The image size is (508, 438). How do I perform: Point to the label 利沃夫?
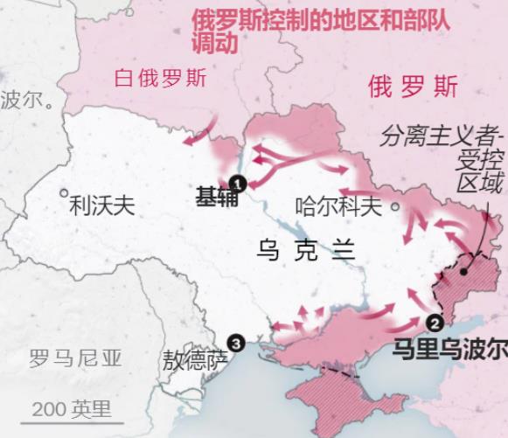[x=102, y=205]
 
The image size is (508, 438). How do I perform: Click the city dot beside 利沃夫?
[x=63, y=193]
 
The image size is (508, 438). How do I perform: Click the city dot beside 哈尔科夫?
[x=395, y=207]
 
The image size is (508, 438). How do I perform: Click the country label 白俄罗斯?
[x=161, y=79]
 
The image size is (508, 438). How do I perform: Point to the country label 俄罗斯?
[x=412, y=87]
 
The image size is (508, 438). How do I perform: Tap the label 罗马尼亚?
[x=76, y=358]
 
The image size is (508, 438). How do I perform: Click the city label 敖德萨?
[x=194, y=358]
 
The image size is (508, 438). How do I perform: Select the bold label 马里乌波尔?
[x=449, y=349]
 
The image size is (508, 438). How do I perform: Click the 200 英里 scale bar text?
[x=73, y=408]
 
